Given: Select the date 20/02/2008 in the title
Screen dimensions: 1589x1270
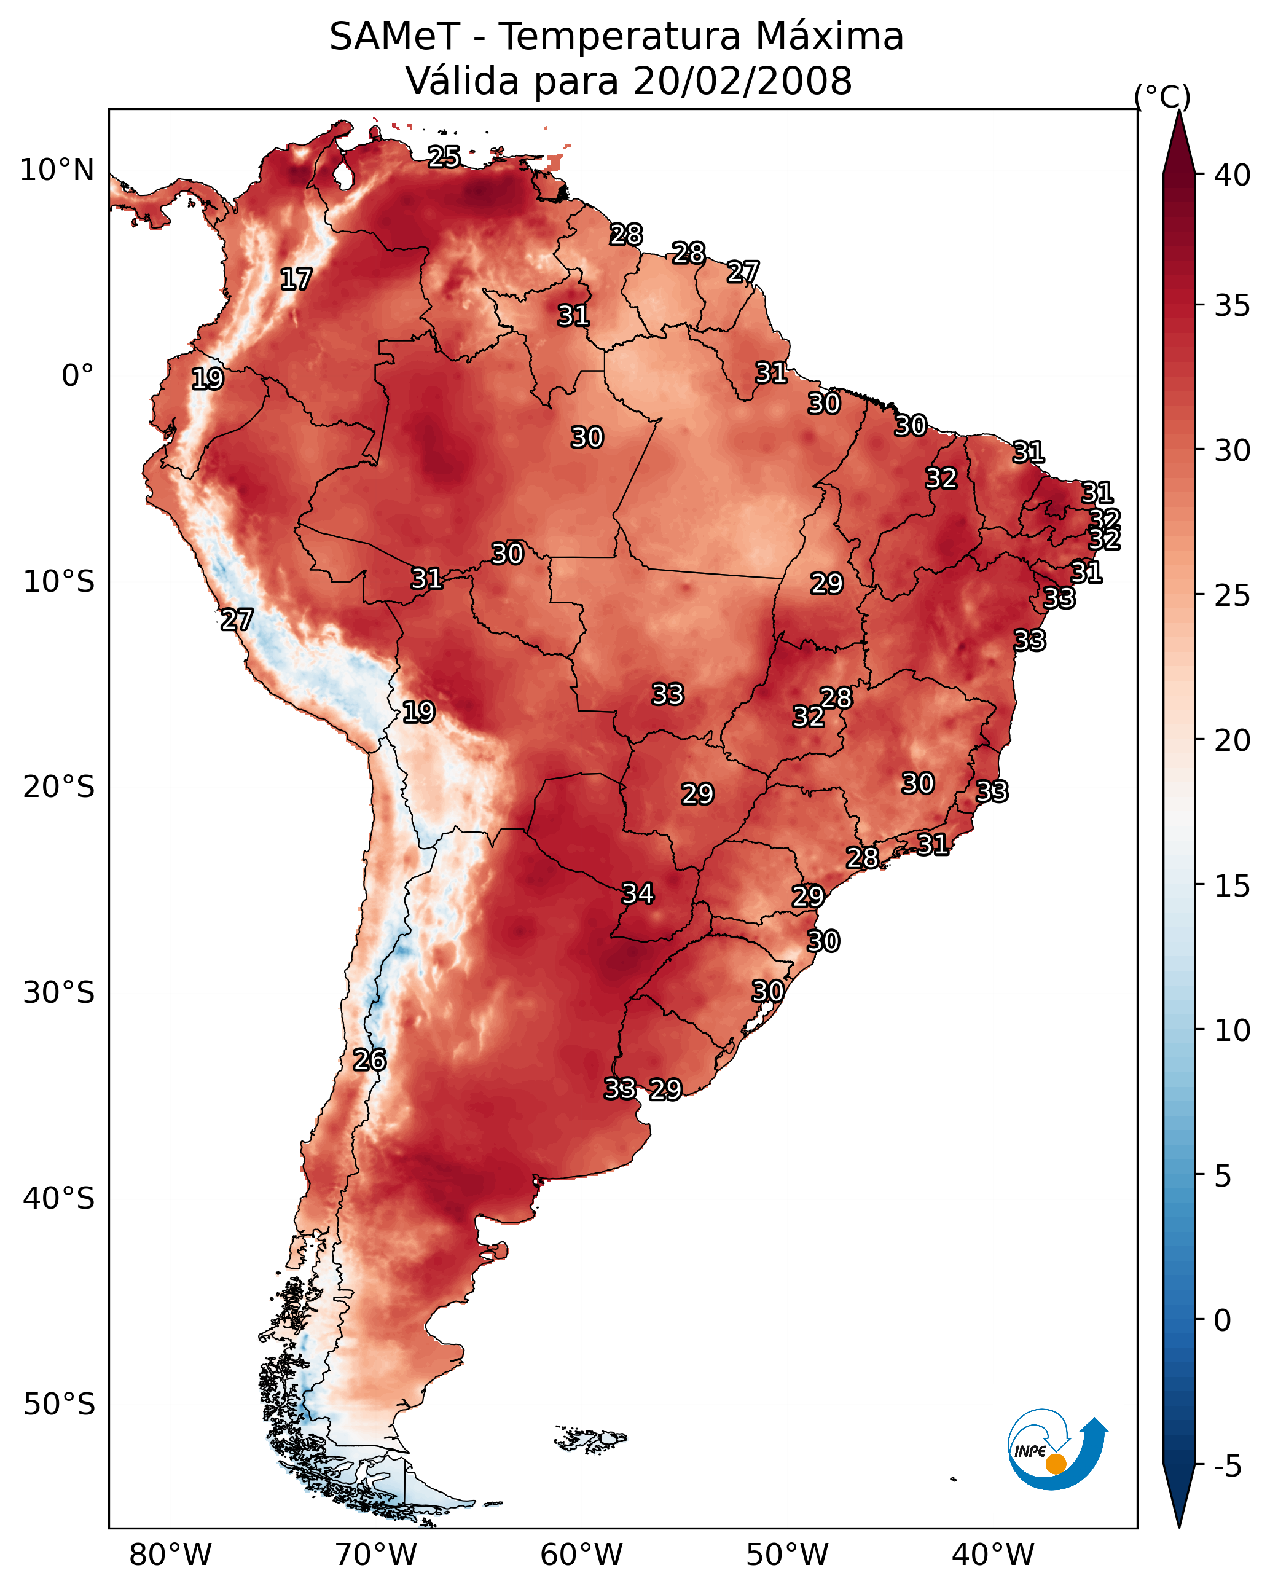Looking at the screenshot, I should pyautogui.click(x=742, y=81).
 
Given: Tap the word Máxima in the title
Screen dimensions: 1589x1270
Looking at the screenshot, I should pyautogui.click(x=829, y=37).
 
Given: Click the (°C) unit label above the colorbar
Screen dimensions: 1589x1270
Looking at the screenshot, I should pyautogui.click(x=1162, y=96).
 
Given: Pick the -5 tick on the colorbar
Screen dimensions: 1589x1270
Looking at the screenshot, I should pyautogui.click(x=1227, y=1466).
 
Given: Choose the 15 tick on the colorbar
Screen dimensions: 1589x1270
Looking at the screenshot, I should pyautogui.click(x=1233, y=886).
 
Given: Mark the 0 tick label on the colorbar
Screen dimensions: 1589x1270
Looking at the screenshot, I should pyautogui.click(x=1222, y=1320).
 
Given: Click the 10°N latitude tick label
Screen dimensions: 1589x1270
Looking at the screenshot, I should pyautogui.click(x=57, y=170).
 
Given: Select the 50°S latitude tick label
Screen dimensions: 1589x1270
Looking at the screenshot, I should pyautogui.click(x=59, y=1405).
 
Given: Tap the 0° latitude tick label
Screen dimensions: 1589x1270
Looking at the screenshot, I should pyautogui.click(x=77, y=376).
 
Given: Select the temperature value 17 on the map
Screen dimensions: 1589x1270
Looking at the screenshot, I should pyautogui.click(x=296, y=280).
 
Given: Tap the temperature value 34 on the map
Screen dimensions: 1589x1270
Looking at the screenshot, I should pyautogui.click(x=638, y=894).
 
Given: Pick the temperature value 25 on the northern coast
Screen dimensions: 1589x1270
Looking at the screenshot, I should pyautogui.click(x=444, y=157).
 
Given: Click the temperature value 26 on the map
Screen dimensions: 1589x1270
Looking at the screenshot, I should pyautogui.click(x=369, y=1060).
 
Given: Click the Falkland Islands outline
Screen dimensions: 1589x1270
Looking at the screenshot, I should pyautogui.click(x=590, y=1438).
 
